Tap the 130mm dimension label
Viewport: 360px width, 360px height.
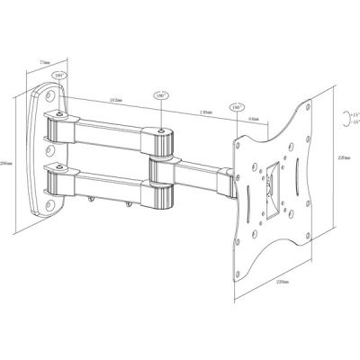pos(206,112)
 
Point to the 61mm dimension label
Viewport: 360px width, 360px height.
pos(253,116)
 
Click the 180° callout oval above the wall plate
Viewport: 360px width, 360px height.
pos(60,76)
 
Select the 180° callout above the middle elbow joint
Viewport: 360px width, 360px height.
pos(163,94)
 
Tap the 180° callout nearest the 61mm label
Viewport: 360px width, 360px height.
pos(236,106)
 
